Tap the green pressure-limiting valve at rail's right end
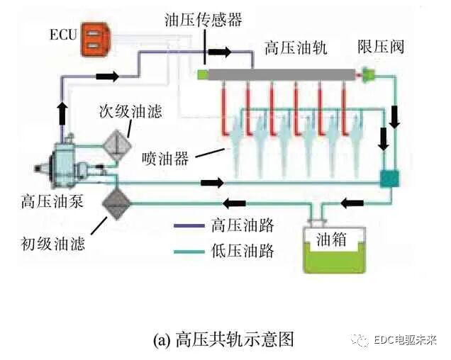[367, 72]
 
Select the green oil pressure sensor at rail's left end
[202, 74]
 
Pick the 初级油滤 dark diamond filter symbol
[116, 201]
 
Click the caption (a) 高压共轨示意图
[223, 338]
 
